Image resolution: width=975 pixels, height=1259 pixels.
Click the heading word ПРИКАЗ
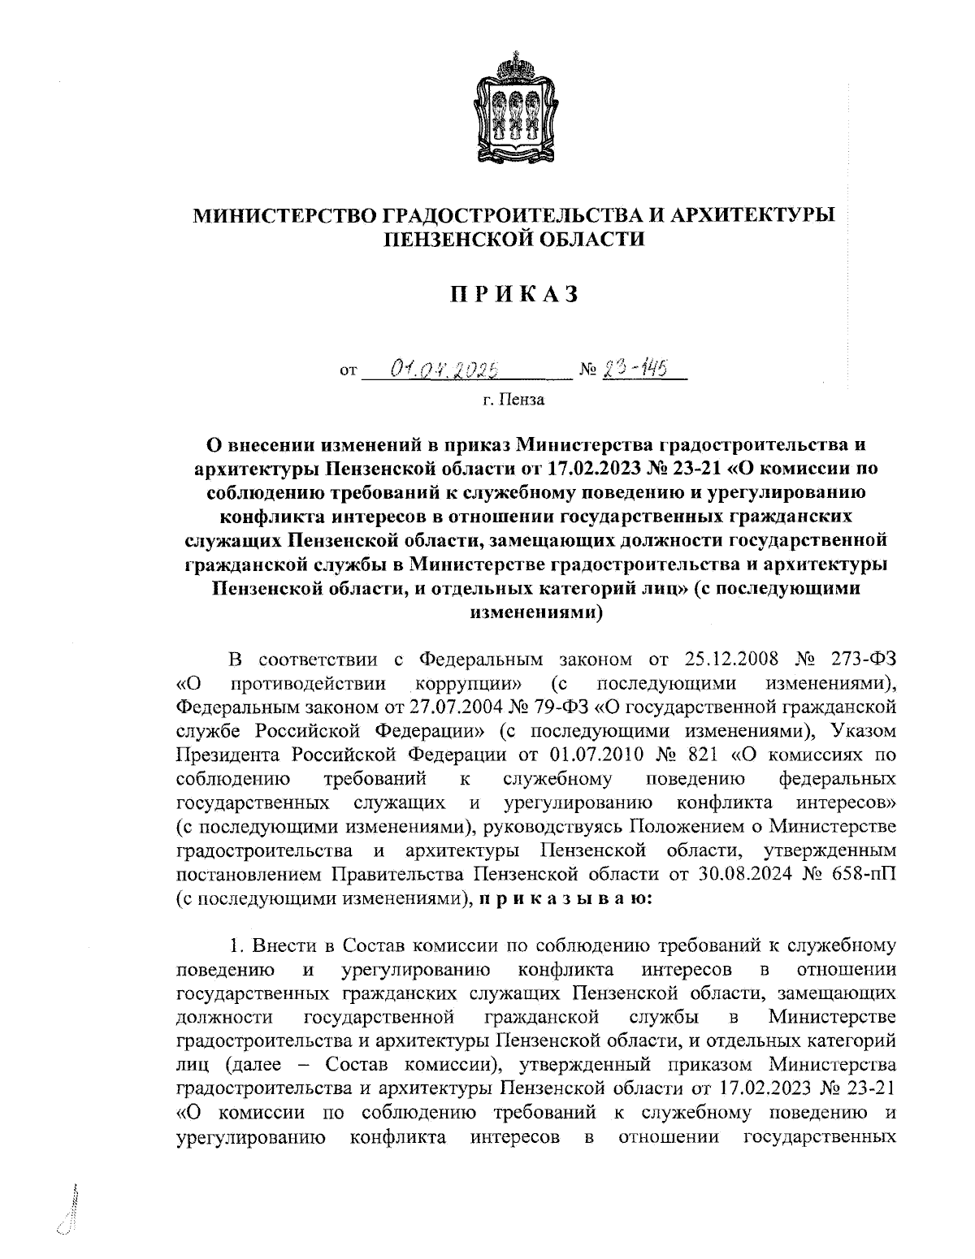pos(514,294)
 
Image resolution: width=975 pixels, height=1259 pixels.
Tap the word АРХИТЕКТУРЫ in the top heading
pos(756,215)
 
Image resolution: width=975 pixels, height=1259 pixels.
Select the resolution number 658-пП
pos(860,874)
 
